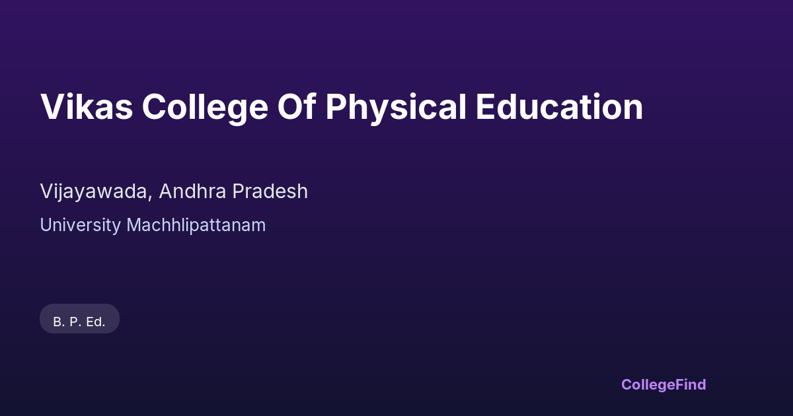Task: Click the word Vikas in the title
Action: (x=87, y=106)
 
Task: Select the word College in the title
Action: (x=205, y=108)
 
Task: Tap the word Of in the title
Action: (x=297, y=106)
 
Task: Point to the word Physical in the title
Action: (x=396, y=108)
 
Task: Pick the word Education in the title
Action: (x=559, y=106)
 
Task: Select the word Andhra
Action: (x=192, y=191)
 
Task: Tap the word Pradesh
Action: (x=270, y=191)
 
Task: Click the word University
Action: (x=81, y=226)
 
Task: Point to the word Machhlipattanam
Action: (x=196, y=225)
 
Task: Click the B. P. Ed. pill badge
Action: (x=79, y=318)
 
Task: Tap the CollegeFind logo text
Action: (x=663, y=385)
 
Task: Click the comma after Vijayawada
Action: (x=150, y=197)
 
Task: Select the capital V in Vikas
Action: (x=52, y=106)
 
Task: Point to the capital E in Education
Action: (x=484, y=106)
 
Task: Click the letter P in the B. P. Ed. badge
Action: (x=73, y=322)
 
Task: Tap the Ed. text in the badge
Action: (x=96, y=322)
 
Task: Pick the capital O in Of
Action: (x=291, y=106)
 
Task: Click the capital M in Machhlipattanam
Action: (x=134, y=225)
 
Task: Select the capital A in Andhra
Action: (x=167, y=191)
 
